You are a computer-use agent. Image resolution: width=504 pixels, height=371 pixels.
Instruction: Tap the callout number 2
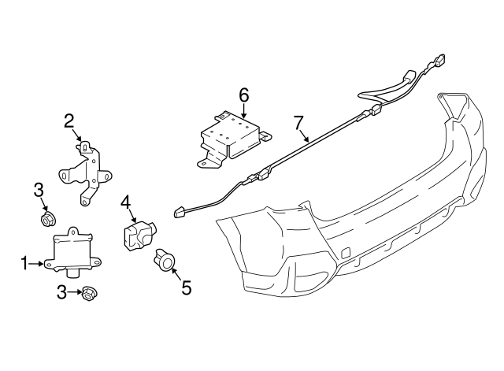pyautogui.click(x=69, y=121)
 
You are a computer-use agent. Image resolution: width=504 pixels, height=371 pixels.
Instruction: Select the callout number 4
pyautogui.click(x=125, y=202)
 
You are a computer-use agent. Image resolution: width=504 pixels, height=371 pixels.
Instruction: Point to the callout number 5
pyautogui.click(x=186, y=288)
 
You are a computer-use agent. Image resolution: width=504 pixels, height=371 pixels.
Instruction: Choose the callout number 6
pyautogui.click(x=244, y=95)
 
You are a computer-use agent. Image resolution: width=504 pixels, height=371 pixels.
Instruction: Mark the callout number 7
pyautogui.click(x=298, y=123)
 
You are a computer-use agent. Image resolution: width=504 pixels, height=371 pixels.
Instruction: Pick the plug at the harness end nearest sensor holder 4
pyautogui.click(x=179, y=211)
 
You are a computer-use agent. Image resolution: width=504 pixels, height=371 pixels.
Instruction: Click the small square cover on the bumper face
pyautogui.click(x=345, y=253)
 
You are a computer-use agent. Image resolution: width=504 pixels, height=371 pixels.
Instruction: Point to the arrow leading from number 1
pyautogui.click(x=37, y=263)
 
